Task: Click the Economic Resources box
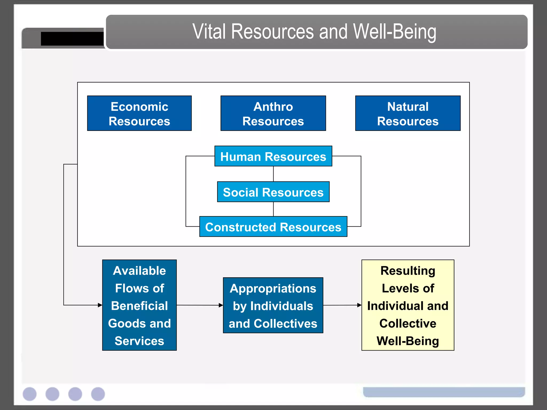click(x=139, y=113)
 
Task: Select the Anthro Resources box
click(x=273, y=113)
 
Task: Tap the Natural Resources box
click(x=408, y=113)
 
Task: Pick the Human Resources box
click(x=273, y=156)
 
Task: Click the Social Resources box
click(x=273, y=192)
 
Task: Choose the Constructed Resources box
click(x=273, y=227)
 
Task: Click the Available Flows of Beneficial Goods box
click(x=139, y=305)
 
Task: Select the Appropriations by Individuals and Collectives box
click(x=273, y=305)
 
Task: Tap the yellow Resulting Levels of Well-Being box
click(x=408, y=305)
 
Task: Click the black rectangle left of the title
click(x=72, y=39)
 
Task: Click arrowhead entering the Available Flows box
click(x=100, y=305)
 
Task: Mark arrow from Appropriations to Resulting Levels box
click(x=342, y=305)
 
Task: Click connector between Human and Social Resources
click(x=273, y=174)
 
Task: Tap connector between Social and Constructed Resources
click(x=273, y=209)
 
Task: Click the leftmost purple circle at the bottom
click(x=30, y=394)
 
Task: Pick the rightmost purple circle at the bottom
click(x=98, y=394)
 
